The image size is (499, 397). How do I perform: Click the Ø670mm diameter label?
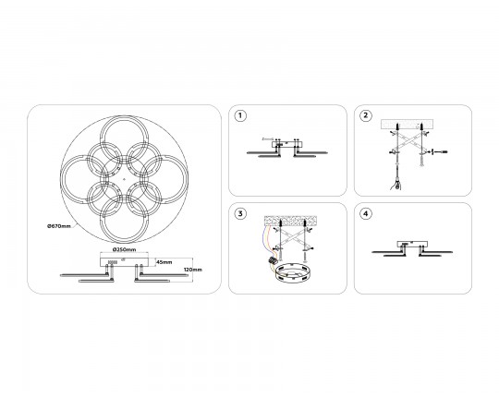point(59,226)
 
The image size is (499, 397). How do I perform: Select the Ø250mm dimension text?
point(124,249)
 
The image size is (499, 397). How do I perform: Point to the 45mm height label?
point(164,262)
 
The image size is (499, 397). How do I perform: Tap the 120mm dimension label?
point(193,270)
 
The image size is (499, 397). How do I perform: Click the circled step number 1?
point(240,115)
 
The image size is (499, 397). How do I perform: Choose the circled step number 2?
point(366,115)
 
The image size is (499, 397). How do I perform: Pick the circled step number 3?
point(240,213)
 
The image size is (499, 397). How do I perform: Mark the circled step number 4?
point(366,213)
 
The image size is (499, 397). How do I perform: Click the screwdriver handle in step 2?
point(396,186)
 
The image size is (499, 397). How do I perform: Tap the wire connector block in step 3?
point(273,260)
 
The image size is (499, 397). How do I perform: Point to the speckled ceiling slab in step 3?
point(290,221)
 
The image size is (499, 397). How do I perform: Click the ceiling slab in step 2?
point(407,125)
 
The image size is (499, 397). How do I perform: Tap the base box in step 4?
point(412,244)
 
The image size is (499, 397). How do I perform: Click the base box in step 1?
point(287,144)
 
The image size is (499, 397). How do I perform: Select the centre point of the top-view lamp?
point(124,180)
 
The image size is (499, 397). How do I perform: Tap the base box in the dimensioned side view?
point(124,261)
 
